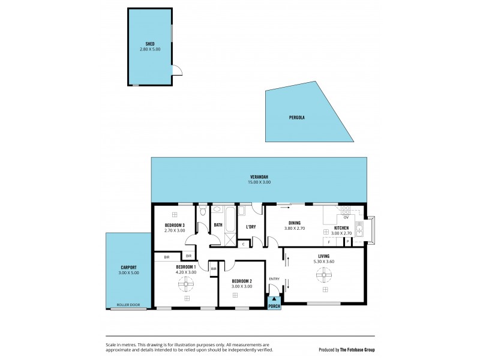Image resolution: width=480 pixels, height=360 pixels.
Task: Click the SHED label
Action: click(x=150, y=44)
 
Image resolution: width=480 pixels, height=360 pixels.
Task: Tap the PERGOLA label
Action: click(x=297, y=118)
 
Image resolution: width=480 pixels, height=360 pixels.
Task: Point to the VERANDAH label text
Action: click(x=260, y=177)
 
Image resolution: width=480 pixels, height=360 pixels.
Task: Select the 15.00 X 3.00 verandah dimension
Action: click(x=260, y=182)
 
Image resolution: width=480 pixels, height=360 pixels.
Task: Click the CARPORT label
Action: click(x=128, y=267)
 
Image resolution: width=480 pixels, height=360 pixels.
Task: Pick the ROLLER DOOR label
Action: click(x=128, y=305)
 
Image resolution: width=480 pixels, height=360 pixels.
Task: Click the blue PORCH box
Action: click(x=274, y=304)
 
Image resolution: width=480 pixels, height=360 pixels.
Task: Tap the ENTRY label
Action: click(x=274, y=278)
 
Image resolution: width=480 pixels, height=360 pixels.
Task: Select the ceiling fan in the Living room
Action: click(x=324, y=275)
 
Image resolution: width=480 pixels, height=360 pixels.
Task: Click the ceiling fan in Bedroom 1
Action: click(x=186, y=286)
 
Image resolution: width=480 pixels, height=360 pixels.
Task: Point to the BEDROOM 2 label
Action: click(x=241, y=281)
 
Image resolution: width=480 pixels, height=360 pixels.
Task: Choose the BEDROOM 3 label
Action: click(x=175, y=225)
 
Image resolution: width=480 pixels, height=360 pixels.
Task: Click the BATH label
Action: click(x=218, y=225)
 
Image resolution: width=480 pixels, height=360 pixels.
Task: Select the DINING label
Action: click(x=294, y=223)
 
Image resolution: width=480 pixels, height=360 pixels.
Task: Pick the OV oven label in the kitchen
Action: click(x=346, y=218)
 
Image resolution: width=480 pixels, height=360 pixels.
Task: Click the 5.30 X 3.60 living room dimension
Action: click(x=324, y=262)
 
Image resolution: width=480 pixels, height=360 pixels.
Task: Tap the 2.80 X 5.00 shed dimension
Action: click(x=150, y=49)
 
